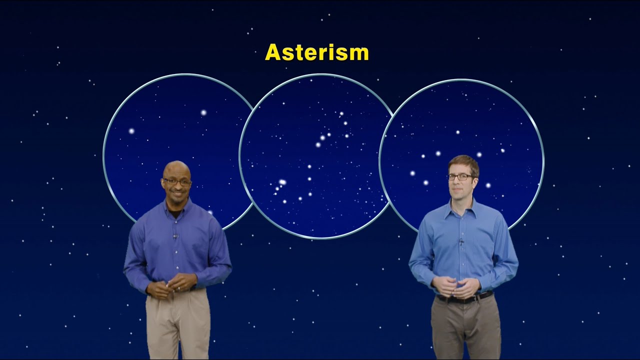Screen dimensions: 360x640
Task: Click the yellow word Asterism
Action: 316,52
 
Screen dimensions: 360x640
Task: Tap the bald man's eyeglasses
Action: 177,181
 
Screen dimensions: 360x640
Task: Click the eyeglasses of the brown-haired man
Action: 460,176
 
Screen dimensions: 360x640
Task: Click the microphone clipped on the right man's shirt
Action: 461,243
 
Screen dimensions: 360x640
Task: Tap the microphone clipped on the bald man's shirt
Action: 175,235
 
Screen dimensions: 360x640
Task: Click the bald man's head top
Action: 176,165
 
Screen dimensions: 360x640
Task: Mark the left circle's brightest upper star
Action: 203,112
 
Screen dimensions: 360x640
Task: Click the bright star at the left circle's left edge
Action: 131,131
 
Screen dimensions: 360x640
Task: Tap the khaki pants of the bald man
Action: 178,325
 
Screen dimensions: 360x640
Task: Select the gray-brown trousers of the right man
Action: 465,327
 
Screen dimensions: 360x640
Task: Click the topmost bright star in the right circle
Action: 457,132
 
